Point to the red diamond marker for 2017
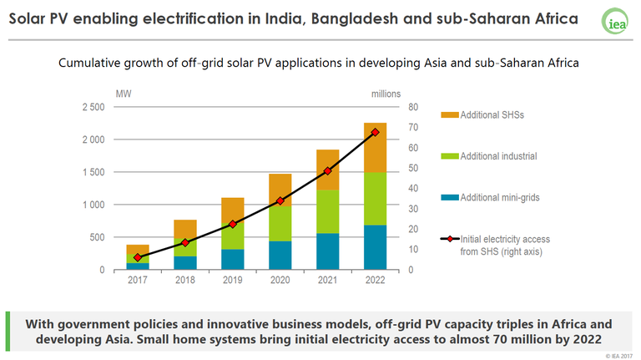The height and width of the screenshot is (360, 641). (x=138, y=257)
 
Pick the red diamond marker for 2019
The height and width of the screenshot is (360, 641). (x=233, y=224)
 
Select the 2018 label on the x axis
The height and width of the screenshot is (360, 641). (x=185, y=280)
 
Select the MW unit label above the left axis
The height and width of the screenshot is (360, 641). (x=121, y=94)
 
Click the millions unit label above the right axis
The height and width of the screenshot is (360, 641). (x=386, y=94)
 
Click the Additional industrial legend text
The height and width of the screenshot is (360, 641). (x=499, y=156)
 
